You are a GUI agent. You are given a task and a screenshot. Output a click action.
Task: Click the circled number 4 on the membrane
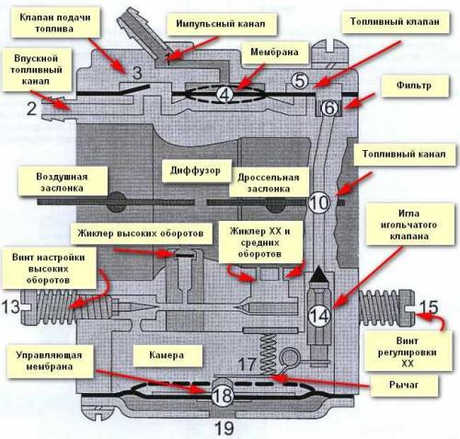224,95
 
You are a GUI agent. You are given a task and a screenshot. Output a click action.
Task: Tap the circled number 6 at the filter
329,108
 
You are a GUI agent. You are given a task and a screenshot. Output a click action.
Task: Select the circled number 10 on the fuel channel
319,202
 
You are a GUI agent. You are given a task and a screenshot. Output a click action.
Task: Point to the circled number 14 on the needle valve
319,316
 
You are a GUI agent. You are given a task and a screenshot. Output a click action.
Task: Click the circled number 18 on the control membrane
223,396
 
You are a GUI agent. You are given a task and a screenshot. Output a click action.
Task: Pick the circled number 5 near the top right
300,81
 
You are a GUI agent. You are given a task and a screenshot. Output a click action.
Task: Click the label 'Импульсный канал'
221,24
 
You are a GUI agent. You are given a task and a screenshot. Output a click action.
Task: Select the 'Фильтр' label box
415,86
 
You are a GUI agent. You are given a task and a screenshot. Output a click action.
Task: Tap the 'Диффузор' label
196,170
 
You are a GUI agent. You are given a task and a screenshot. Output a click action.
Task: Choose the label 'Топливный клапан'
395,22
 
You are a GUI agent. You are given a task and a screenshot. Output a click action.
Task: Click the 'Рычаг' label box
404,386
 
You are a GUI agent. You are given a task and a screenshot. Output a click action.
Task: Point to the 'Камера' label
167,355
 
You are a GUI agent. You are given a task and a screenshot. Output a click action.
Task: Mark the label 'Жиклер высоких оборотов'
141,233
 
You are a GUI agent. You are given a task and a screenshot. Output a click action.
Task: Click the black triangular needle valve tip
319,274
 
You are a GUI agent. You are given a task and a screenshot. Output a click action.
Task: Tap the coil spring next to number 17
268,353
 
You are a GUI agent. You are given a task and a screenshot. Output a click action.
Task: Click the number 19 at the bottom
224,428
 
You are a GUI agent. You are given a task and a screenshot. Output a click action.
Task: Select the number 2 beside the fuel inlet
32,109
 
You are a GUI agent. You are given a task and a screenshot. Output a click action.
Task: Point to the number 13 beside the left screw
11,306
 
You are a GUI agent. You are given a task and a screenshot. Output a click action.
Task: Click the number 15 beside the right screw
429,307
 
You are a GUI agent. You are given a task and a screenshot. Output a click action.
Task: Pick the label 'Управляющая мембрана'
50,361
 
